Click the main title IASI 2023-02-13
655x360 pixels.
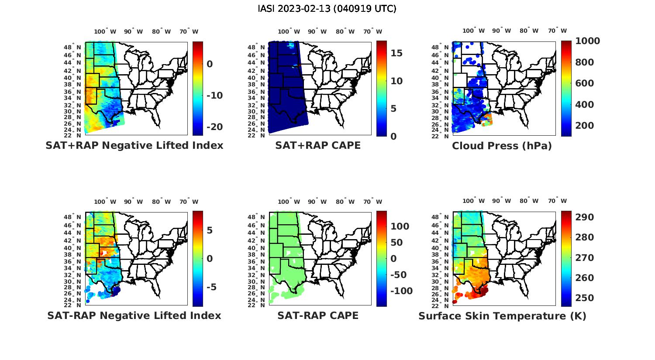(x=327, y=9)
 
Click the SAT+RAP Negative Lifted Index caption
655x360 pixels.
(x=134, y=146)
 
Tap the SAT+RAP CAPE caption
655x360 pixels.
(x=318, y=146)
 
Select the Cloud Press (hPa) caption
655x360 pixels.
(x=502, y=146)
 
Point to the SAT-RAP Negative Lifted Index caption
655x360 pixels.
(x=134, y=315)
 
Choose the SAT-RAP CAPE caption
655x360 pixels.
(x=318, y=315)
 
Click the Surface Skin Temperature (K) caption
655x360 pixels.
(x=502, y=316)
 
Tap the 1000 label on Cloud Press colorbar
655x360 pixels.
(x=587, y=41)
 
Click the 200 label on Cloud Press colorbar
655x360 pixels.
(x=584, y=126)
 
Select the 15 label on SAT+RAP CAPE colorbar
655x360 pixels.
(x=396, y=53)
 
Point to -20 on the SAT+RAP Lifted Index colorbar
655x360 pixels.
(x=214, y=127)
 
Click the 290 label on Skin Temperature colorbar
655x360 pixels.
(x=584, y=217)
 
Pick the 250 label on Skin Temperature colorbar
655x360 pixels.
(x=584, y=298)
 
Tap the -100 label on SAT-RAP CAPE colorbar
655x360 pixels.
(x=401, y=291)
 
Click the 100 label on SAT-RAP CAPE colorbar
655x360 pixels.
(x=400, y=226)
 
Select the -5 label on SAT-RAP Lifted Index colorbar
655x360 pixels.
(x=212, y=287)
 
